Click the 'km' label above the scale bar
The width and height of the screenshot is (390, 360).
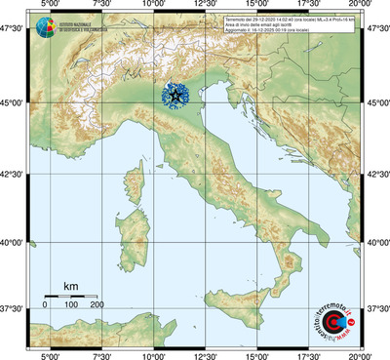point(70,285)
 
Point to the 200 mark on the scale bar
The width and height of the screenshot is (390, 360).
point(97,305)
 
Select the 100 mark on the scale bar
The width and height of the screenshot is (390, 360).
point(71,305)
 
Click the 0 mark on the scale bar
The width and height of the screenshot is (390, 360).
point(45,305)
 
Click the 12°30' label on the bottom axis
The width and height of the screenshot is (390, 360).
point(205,354)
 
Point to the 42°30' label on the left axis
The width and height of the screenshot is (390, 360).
point(13,174)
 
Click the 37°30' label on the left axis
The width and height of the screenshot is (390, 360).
point(13,308)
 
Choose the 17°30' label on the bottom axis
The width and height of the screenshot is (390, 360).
point(309,354)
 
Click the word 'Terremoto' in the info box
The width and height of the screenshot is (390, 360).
point(238,19)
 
